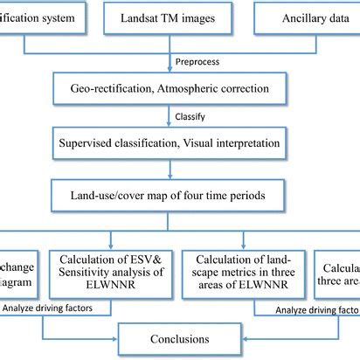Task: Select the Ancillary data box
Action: pos(308,17)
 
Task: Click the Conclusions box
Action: pos(178,337)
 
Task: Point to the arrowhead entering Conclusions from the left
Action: pos(114,337)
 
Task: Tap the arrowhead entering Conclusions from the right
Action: pos(242,337)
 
